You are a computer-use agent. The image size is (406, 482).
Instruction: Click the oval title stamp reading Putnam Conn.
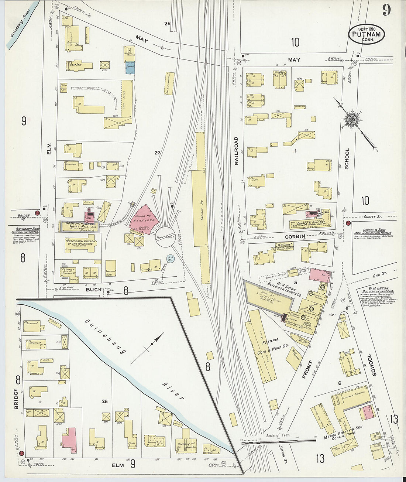[366, 34]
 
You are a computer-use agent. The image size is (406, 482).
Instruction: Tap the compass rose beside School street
[350, 119]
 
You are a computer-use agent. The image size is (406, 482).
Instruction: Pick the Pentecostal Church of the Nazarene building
[80, 243]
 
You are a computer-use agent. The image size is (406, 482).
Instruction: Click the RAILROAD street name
[236, 150]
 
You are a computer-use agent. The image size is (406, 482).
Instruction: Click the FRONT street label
[307, 369]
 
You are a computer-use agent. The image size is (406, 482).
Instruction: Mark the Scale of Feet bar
[279, 440]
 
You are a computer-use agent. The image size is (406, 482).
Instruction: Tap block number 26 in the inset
[105, 401]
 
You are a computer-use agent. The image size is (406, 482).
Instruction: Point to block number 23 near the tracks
[158, 152]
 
